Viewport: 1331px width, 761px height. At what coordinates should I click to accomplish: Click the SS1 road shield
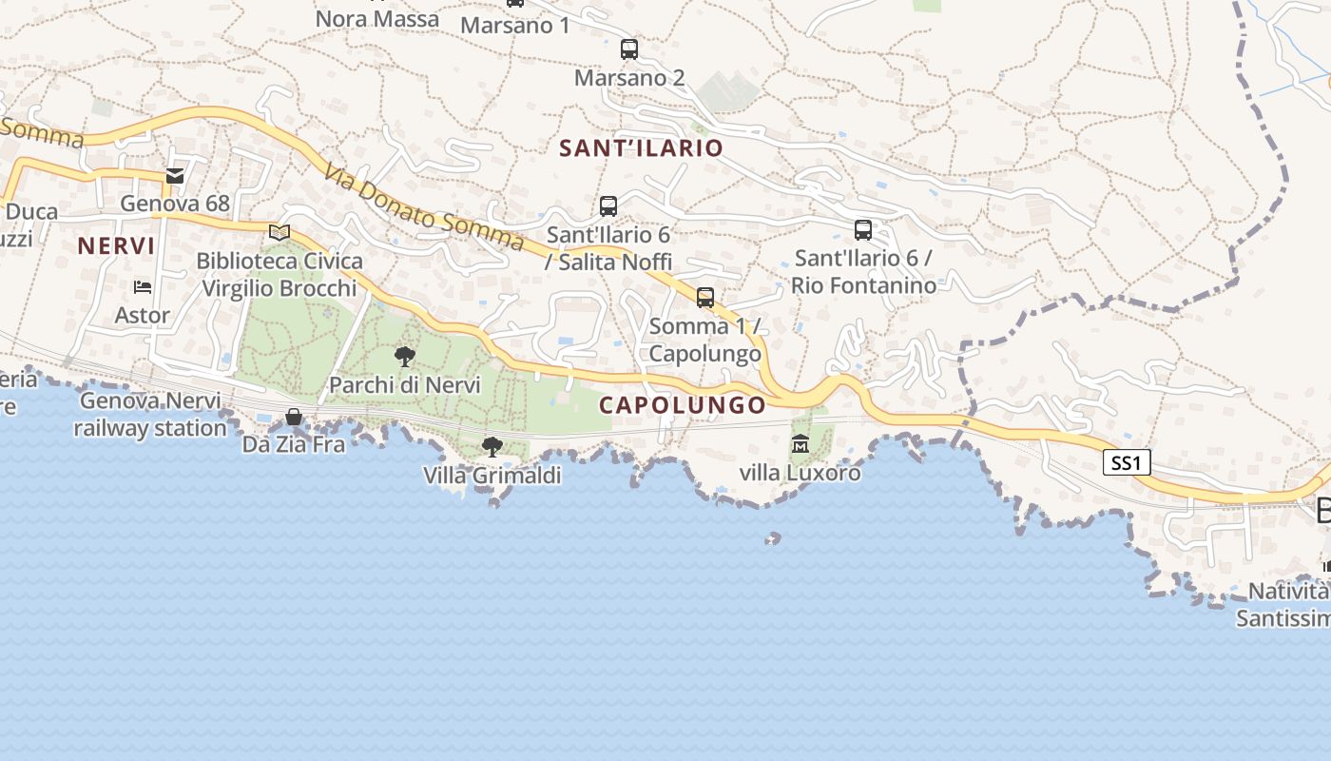(x=1127, y=463)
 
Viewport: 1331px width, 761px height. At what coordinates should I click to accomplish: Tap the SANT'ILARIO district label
(x=641, y=148)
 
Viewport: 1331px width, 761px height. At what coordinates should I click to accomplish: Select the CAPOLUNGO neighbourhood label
(x=682, y=405)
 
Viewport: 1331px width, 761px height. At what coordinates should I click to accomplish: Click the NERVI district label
(x=116, y=246)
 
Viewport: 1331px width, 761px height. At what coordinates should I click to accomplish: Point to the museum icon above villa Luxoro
(x=801, y=444)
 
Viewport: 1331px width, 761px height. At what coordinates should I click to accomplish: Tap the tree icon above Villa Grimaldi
(x=492, y=446)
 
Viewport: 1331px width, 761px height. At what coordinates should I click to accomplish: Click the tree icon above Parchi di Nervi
(x=404, y=357)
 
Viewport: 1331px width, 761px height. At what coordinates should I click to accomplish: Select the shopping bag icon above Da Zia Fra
(x=294, y=417)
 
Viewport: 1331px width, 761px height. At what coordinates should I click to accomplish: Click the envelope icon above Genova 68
(x=175, y=175)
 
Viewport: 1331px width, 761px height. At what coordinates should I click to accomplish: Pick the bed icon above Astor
(x=143, y=286)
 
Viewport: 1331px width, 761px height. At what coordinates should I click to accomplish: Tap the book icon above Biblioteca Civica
(x=279, y=232)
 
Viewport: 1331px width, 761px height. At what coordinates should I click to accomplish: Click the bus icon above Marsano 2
(x=628, y=49)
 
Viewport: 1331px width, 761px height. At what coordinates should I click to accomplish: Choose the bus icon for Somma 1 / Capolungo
(x=705, y=298)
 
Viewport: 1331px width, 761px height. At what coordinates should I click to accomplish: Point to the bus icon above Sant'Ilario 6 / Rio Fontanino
(x=863, y=229)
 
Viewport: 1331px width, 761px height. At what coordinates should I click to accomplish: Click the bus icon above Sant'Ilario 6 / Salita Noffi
(x=608, y=205)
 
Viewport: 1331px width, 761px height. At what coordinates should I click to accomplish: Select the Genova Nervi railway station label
(x=150, y=415)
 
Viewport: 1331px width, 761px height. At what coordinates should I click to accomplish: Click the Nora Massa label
(x=376, y=18)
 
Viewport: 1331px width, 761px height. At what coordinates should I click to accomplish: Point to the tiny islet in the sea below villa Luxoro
(x=773, y=538)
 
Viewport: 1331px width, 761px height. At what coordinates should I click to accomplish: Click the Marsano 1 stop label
(x=514, y=25)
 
